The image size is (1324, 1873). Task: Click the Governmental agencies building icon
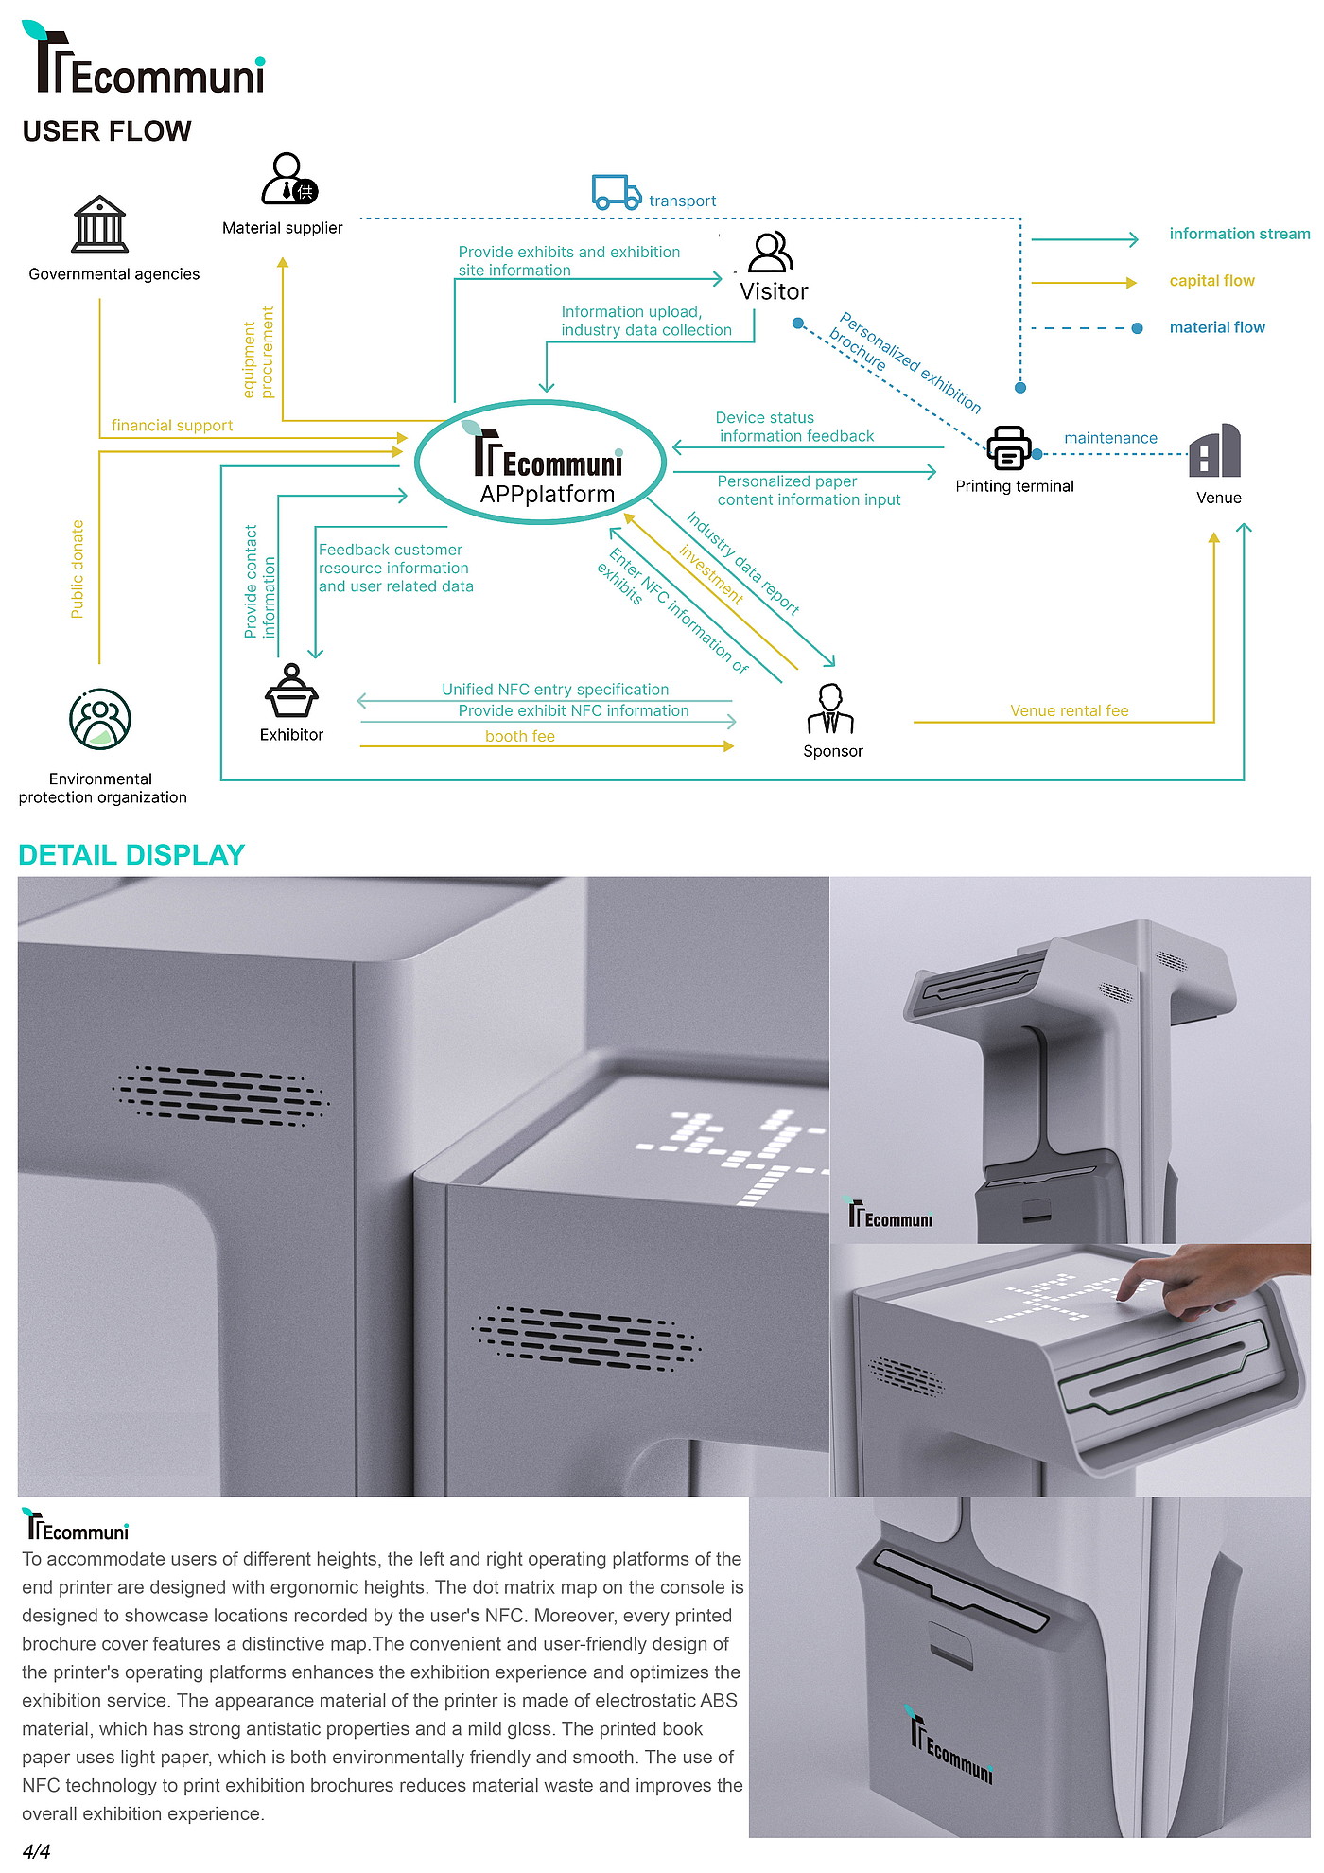click(x=99, y=224)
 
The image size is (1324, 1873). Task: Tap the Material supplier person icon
click(x=288, y=179)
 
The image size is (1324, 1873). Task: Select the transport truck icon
click(x=616, y=192)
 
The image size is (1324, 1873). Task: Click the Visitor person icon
click(x=770, y=252)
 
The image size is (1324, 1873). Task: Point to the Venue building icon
click(x=1215, y=451)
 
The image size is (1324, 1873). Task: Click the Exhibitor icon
click(x=291, y=692)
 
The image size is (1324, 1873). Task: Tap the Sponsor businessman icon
click(x=830, y=709)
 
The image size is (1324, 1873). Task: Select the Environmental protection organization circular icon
click(x=100, y=719)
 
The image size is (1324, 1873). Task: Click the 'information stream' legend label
click(x=1239, y=234)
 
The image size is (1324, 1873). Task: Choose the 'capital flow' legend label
click(x=1211, y=281)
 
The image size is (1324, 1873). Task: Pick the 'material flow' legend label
click(x=1216, y=327)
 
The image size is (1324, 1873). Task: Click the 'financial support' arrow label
click(x=172, y=426)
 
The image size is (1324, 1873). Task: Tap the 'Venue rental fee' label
click(x=1069, y=710)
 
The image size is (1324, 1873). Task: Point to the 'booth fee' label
click(x=519, y=736)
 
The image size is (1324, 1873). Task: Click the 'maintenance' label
click(x=1110, y=438)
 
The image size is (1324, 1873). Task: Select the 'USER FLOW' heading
click(x=107, y=131)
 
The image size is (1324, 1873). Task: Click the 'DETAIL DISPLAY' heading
click(x=131, y=855)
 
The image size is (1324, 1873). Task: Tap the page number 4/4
click(x=36, y=1851)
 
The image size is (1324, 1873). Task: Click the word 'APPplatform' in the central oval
click(x=547, y=494)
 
